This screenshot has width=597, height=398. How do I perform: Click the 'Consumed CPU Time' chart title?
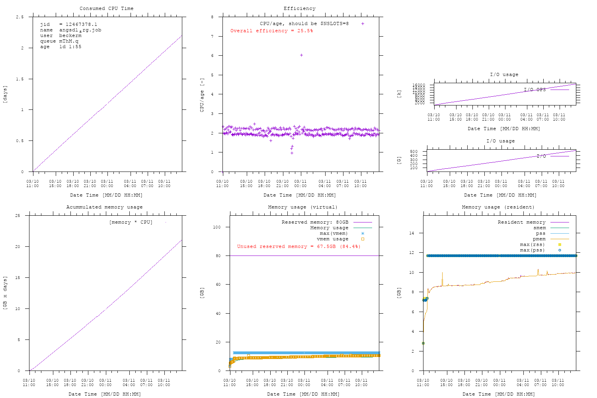coord(106,8)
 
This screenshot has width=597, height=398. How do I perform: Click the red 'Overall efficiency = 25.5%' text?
coord(271,31)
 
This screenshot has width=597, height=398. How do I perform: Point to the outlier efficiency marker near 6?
coord(301,55)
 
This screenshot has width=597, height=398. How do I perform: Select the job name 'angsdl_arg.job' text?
coord(80,30)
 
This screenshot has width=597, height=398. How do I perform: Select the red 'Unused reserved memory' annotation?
coord(298,246)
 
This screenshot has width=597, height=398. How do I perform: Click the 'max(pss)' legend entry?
coord(532,250)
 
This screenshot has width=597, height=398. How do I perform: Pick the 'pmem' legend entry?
coord(539,239)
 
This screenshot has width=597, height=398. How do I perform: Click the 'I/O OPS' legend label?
coord(535,90)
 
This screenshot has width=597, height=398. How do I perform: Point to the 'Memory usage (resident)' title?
coord(498,207)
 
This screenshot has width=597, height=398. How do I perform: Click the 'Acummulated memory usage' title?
coord(104,207)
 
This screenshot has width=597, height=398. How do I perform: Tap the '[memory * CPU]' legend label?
coord(131,222)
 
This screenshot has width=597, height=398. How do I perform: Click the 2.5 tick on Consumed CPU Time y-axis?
coord(20,17)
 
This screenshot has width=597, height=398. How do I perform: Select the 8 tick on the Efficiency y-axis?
coord(212,17)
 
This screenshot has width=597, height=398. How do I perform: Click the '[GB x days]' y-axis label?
coord(5,293)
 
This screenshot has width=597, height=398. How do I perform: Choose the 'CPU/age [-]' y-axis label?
coord(202,94)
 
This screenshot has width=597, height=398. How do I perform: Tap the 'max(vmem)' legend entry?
coord(334,233)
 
